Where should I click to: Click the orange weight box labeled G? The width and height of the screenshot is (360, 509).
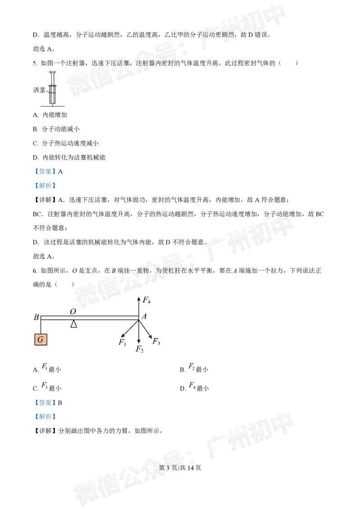pyautogui.click(x=40, y=339)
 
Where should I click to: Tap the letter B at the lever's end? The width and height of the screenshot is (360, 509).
pyautogui.click(x=36, y=317)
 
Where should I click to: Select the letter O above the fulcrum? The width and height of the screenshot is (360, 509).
pyautogui.click(x=72, y=311)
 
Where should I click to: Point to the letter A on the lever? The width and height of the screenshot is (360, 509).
pyautogui.click(x=144, y=317)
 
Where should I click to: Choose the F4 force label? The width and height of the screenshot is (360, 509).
pyautogui.click(x=146, y=299)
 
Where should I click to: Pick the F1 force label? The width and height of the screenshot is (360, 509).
pyautogui.click(x=122, y=342)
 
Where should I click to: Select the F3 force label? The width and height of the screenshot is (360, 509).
pyautogui.click(x=156, y=341)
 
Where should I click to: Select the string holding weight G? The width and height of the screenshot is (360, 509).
pyautogui.click(x=41, y=326)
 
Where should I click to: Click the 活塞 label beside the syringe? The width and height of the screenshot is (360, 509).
pyautogui.click(x=39, y=90)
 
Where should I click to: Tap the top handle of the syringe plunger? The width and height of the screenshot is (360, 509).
pyautogui.click(x=53, y=72)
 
